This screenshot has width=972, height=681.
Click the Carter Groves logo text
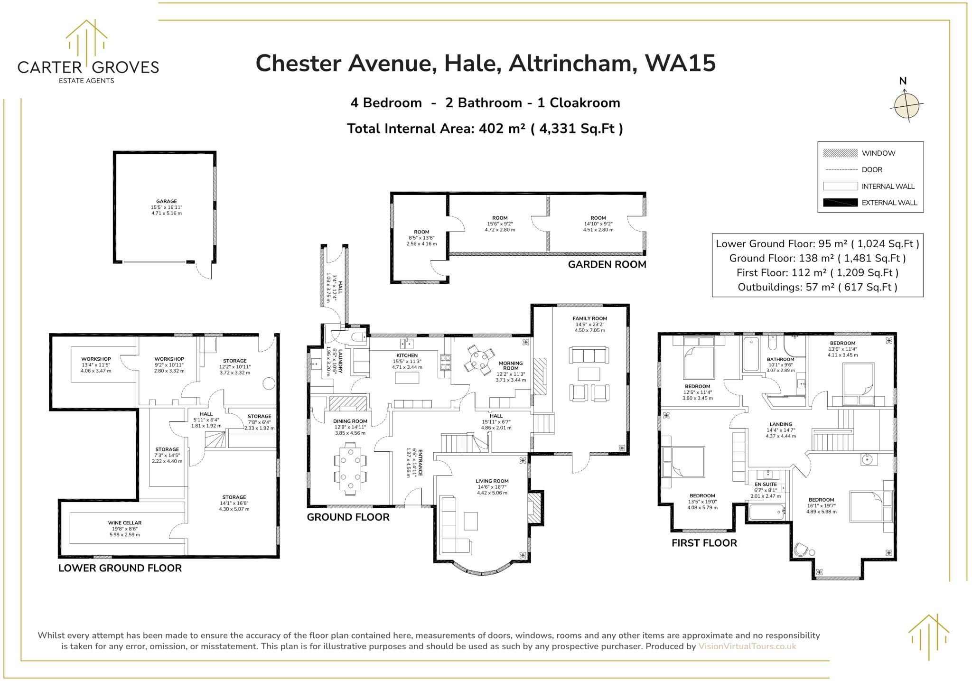tap(88, 67)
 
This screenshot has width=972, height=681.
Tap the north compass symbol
tap(907, 105)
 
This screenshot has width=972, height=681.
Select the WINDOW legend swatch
tap(840, 153)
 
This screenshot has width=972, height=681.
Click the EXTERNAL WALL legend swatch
tap(840, 203)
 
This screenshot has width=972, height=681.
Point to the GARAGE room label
tap(166, 201)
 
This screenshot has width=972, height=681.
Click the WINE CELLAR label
tap(124, 523)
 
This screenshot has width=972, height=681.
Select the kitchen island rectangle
tap(407, 378)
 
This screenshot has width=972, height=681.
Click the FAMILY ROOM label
tap(589, 318)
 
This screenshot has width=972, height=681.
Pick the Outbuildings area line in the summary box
tap(817, 287)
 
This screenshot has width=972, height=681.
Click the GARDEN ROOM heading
tap(607, 265)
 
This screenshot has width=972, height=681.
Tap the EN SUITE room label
tap(766, 485)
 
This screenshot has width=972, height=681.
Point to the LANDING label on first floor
tap(781, 424)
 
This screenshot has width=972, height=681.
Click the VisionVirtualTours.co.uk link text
tap(747, 646)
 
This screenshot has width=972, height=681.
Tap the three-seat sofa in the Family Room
tap(589, 355)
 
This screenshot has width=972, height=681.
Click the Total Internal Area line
tap(485, 129)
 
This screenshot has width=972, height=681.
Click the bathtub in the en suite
tap(766, 513)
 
